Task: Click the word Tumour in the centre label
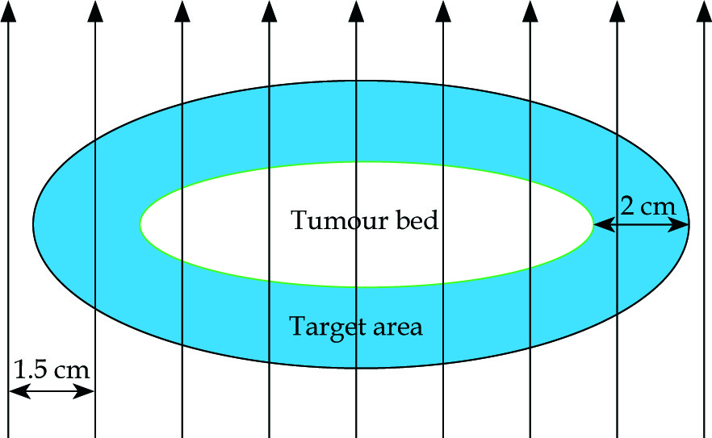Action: click(326, 220)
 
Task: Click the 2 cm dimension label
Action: click(648, 206)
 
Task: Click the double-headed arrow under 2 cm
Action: click(641, 226)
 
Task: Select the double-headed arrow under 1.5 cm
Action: click(52, 392)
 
